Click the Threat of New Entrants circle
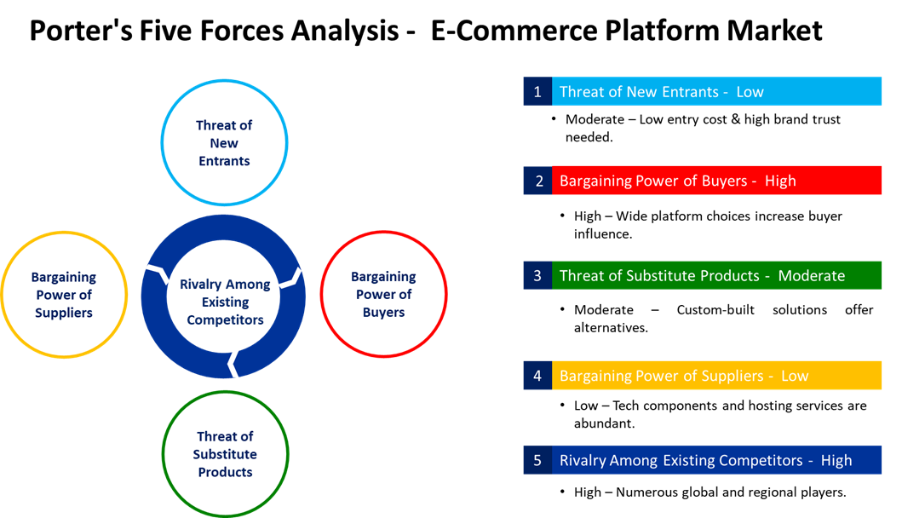(x=224, y=142)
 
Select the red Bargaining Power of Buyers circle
(x=383, y=294)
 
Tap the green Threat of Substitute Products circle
(x=225, y=453)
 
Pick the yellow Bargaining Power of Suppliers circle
(x=64, y=295)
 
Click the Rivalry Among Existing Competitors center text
(x=225, y=302)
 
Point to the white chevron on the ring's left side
(x=156, y=273)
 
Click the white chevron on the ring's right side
(x=292, y=277)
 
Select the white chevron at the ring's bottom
(x=232, y=365)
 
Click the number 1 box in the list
(x=537, y=92)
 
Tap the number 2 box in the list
(x=537, y=181)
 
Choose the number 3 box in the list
(x=537, y=276)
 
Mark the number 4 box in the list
(x=537, y=376)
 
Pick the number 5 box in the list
(x=537, y=460)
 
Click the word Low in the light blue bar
(x=750, y=92)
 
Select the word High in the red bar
(x=780, y=181)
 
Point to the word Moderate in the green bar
(x=811, y=276)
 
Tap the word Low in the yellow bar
(x=795, y=376)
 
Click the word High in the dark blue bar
(x=836, y=460)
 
